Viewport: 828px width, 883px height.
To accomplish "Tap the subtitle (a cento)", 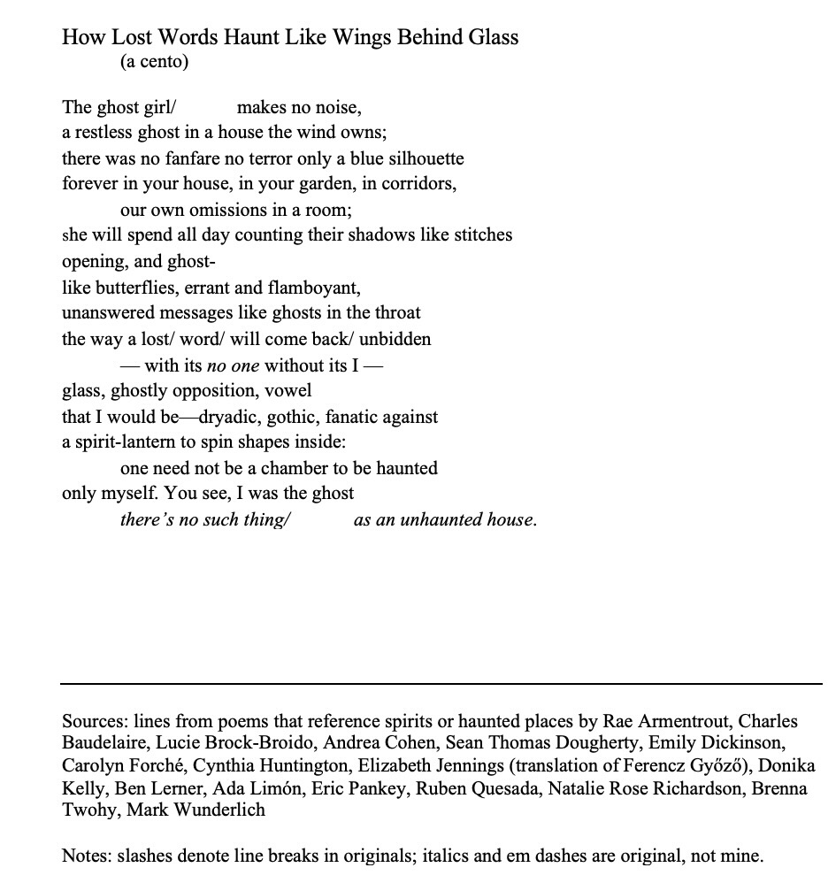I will (154, 62).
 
